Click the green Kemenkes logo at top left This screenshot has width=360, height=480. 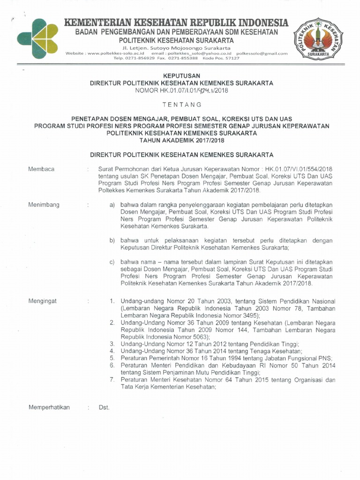tap(38, 38)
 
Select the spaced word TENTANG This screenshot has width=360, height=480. tap(181, 104)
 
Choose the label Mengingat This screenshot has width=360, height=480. tap(43, 301)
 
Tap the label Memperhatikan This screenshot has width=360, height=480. tap(49, 407)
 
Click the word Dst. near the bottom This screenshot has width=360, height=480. tap(104, 407)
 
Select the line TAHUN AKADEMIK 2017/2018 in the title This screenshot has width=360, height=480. tap(181, 140)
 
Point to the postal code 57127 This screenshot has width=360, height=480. tap(232, 58)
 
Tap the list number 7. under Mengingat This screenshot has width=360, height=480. tap(112, 380)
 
